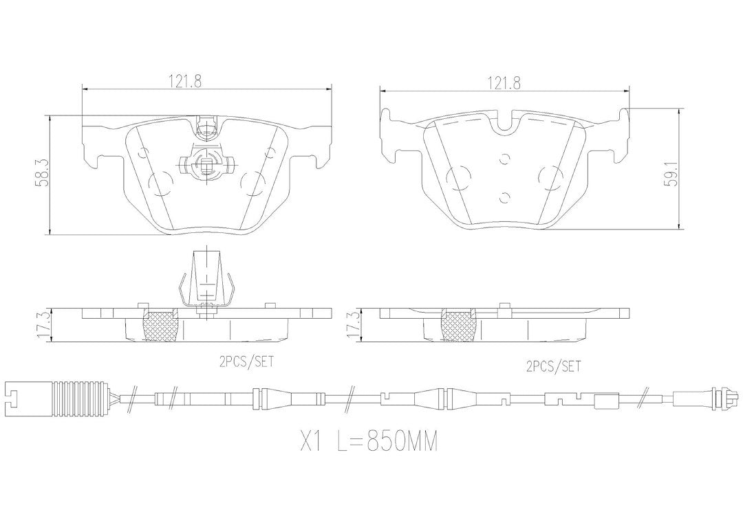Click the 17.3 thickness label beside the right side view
point(354,325)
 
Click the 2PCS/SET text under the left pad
point(246,362)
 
